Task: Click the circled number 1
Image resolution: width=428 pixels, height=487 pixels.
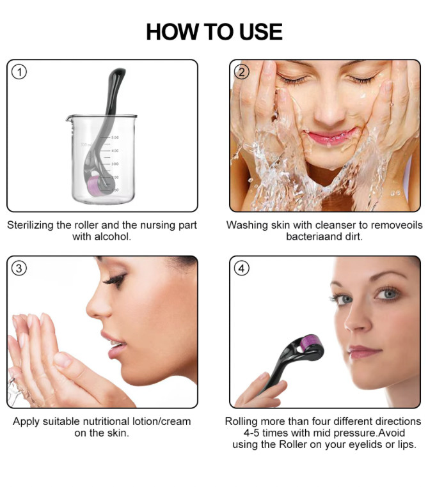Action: click(x=19, y=72)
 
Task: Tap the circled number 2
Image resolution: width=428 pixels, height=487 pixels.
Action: click(x=242, y=72)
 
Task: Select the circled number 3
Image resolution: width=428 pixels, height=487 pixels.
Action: click(x=19, y=268)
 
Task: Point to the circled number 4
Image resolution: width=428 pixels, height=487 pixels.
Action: click(x=242, y=268)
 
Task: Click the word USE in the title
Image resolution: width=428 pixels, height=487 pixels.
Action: click(x=261, y=32)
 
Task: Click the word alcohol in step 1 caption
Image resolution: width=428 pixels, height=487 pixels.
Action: click(x=112, y=236)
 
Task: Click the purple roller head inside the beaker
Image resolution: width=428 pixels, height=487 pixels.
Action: click(x=94, y=187)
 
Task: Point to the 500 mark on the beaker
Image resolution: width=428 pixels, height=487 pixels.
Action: click(x=115, y=137)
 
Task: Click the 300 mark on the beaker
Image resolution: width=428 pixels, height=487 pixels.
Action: click(x=115, y=164)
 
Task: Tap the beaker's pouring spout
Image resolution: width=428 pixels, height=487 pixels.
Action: click(x=69, y=118)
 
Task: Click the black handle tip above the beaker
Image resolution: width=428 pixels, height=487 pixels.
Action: click(x=118, y=73)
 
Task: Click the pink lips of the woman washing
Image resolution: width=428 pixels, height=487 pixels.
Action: click(x=331, y=136)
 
